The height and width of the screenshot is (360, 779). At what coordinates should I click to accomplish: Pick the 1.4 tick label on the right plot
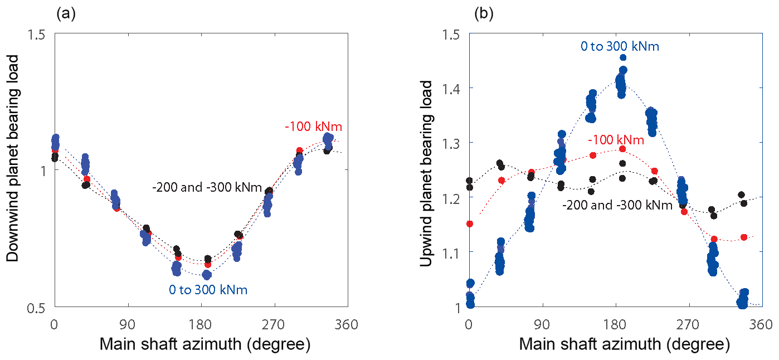tap(454, 88)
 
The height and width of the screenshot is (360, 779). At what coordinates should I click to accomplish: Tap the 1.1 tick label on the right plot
tap(454, 252)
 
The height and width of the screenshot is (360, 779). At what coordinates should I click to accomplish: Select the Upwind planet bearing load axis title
tap(427, 174)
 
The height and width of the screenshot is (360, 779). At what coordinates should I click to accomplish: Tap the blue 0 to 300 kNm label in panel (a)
tap(208, 290)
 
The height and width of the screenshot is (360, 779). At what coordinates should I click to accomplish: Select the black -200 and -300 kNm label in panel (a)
tap(207, 187)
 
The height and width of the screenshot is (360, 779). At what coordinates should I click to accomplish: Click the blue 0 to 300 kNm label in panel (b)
tap(620, 46)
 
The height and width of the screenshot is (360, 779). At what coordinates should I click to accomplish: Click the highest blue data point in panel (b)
tap(623, 57)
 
